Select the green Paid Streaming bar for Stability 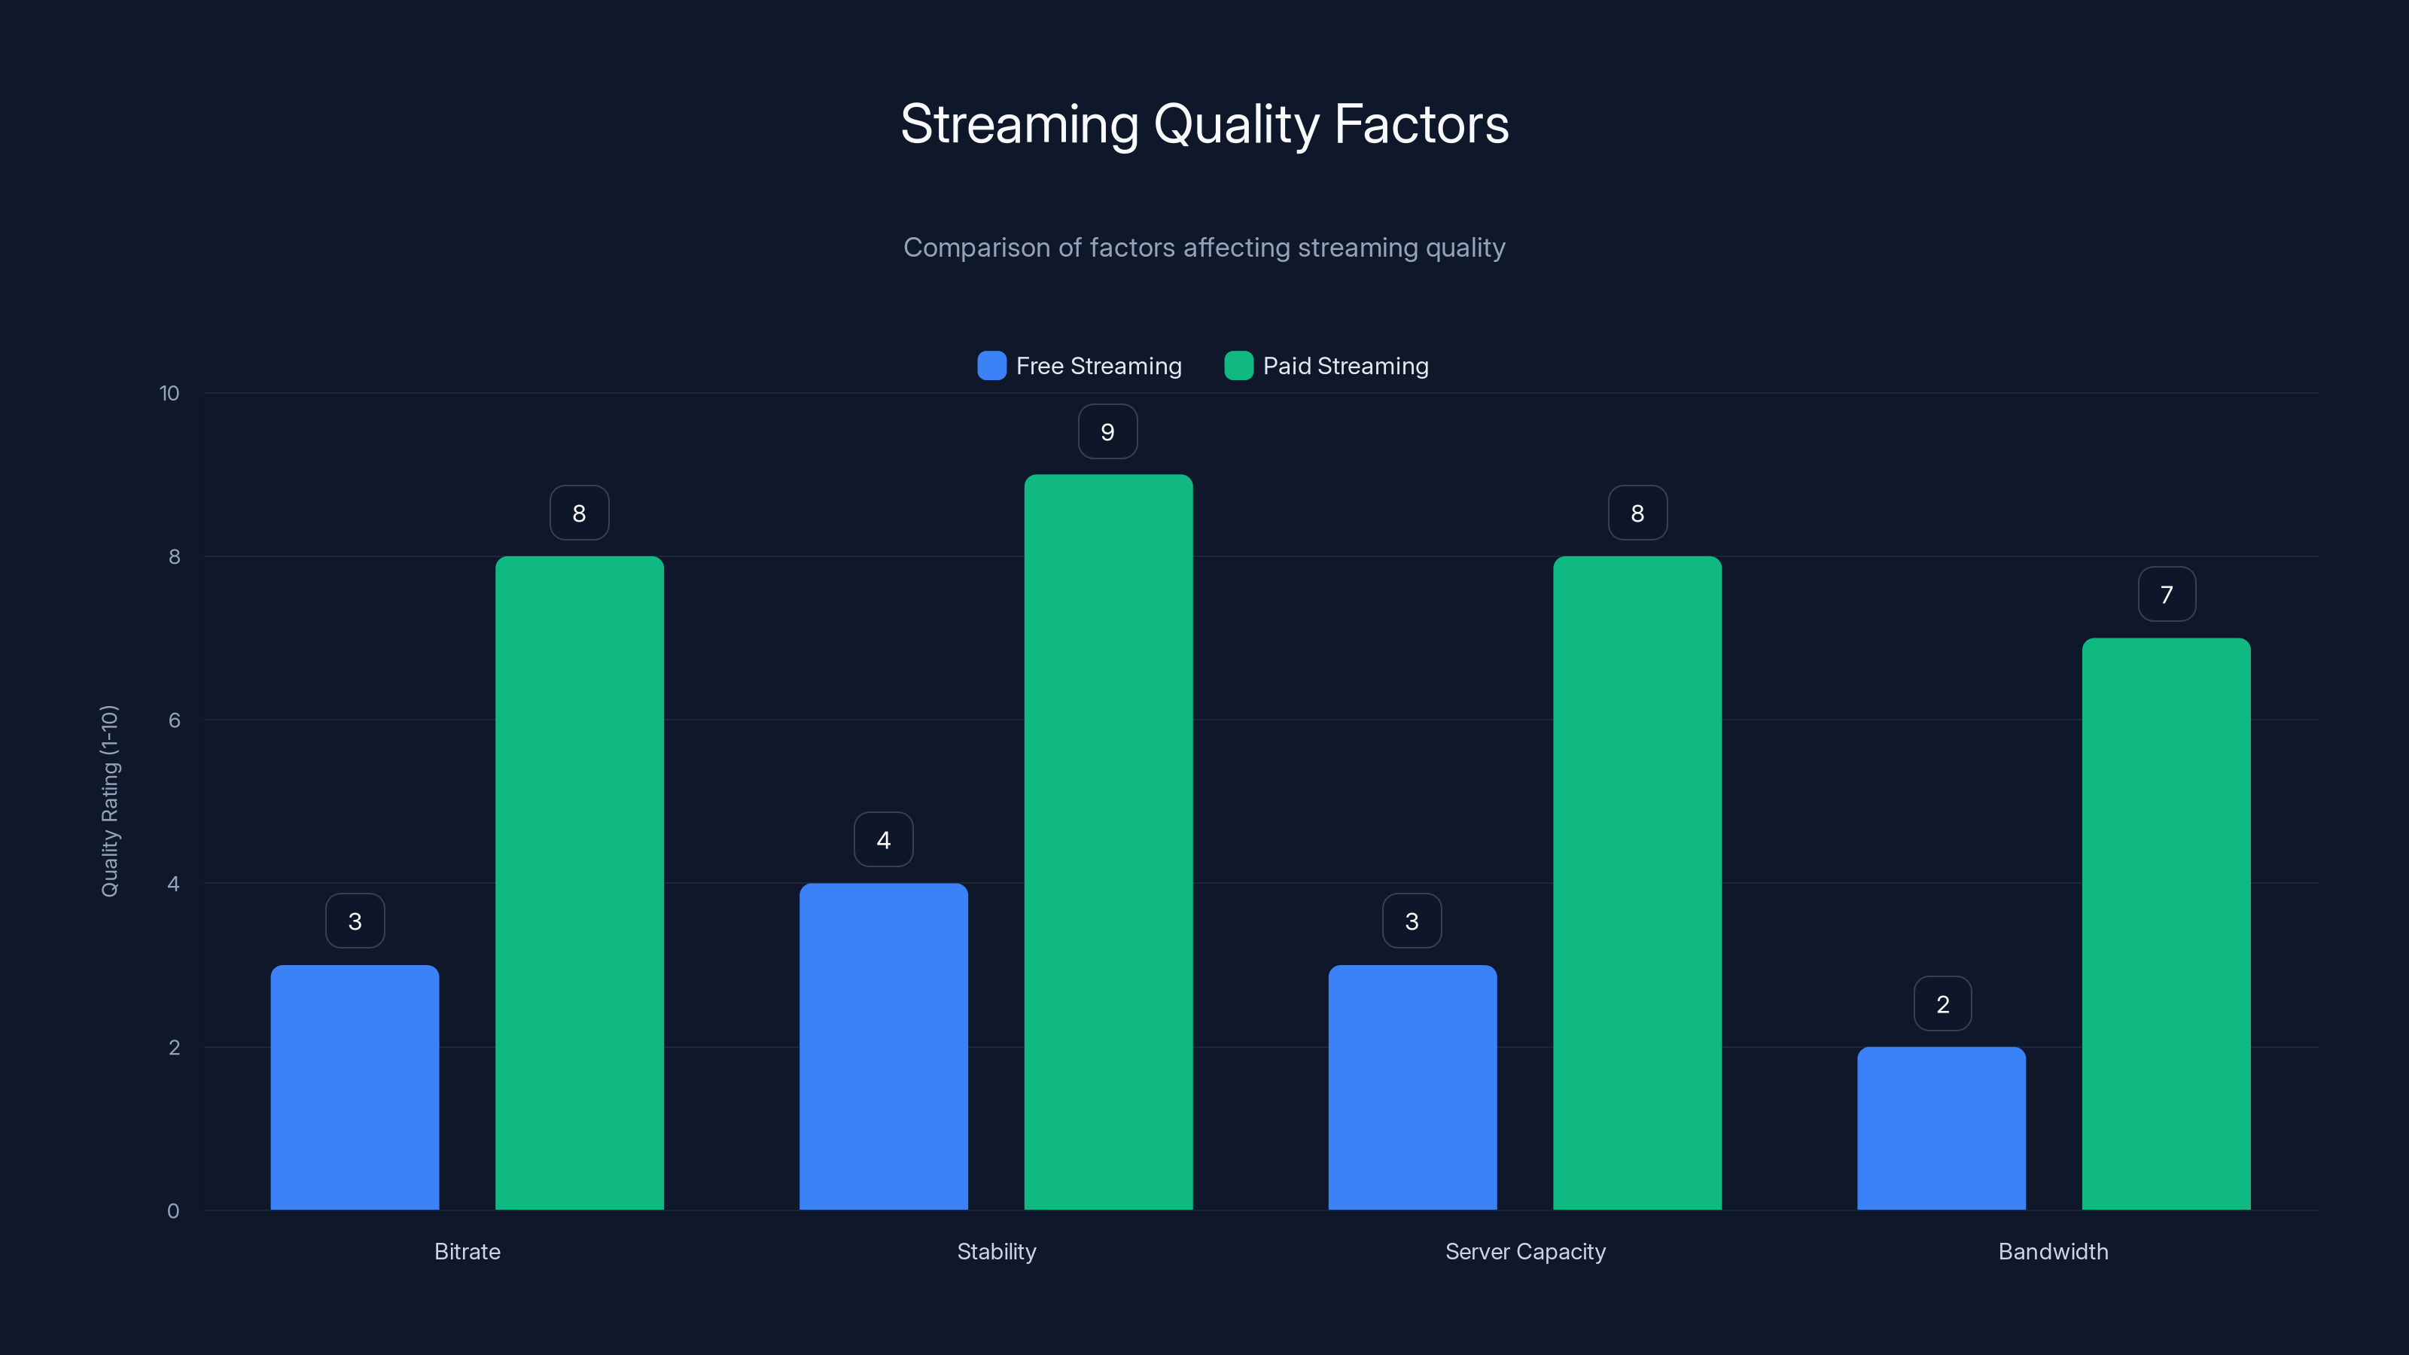click(1108, 842)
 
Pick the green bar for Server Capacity click(1637, 883)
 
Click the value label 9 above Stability click(1107, 432)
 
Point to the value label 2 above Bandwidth click(1942, 1004)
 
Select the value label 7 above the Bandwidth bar click(2166, 595)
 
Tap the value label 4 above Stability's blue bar click(883, 840)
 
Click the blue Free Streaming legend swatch click(991, 366)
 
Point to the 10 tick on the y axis click(169, 393)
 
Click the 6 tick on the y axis click(174, 720)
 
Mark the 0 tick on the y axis click(173, 1211)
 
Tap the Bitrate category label click(467, 1251)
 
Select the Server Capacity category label click(1524, 1251)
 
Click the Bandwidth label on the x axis click(2053, 1251)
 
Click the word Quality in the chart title click(1236, 124)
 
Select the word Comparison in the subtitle click(976, 248)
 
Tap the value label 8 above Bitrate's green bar click(579, 513)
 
